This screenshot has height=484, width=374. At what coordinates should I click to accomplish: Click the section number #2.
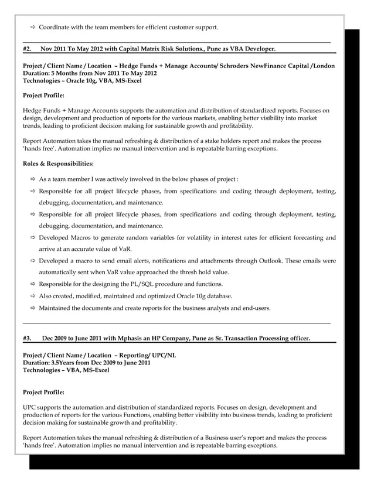click(x=26, y=49)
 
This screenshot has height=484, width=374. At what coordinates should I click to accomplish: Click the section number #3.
click(x=26, y=338)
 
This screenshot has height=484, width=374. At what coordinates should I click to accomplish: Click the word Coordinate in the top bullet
click(x=57, y=27)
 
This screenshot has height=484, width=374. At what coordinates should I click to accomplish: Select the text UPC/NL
click(x=166, y=356)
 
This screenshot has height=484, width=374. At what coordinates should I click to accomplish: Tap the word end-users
click(x=254, y=308)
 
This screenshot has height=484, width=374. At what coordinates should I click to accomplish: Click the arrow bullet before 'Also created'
click(x=32, y=296)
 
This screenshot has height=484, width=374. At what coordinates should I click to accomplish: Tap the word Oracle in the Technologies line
click(x=79, y=80)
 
